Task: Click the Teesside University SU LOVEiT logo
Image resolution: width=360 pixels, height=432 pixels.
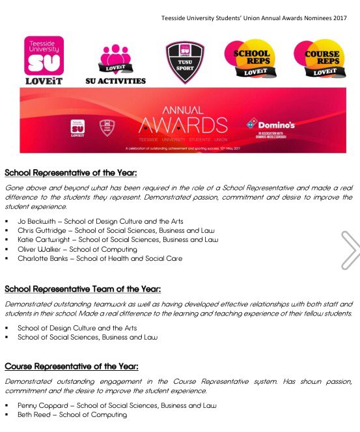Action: (43, 61)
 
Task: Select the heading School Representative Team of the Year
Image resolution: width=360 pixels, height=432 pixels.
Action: (82, 289)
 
